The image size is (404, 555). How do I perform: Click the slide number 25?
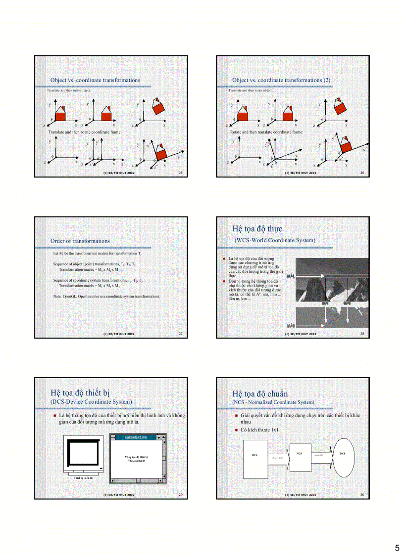click(180, 173)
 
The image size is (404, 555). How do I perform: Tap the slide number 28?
click(362, 334)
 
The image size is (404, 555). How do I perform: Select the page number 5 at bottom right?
click(397, 548)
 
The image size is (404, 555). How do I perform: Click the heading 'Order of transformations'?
click(80, 241)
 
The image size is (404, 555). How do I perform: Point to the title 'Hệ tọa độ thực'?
click(257, 229)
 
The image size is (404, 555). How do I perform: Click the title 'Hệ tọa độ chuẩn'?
click(260, 393)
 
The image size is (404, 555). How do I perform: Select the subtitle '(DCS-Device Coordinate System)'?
click(91, 402)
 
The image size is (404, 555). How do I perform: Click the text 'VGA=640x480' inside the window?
click(136, 461)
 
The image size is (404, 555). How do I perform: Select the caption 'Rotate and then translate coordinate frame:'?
click(266, 132)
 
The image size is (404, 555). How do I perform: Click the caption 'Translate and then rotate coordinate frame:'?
click(85, 132)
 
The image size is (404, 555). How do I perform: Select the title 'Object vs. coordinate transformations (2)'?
click(281, 80)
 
